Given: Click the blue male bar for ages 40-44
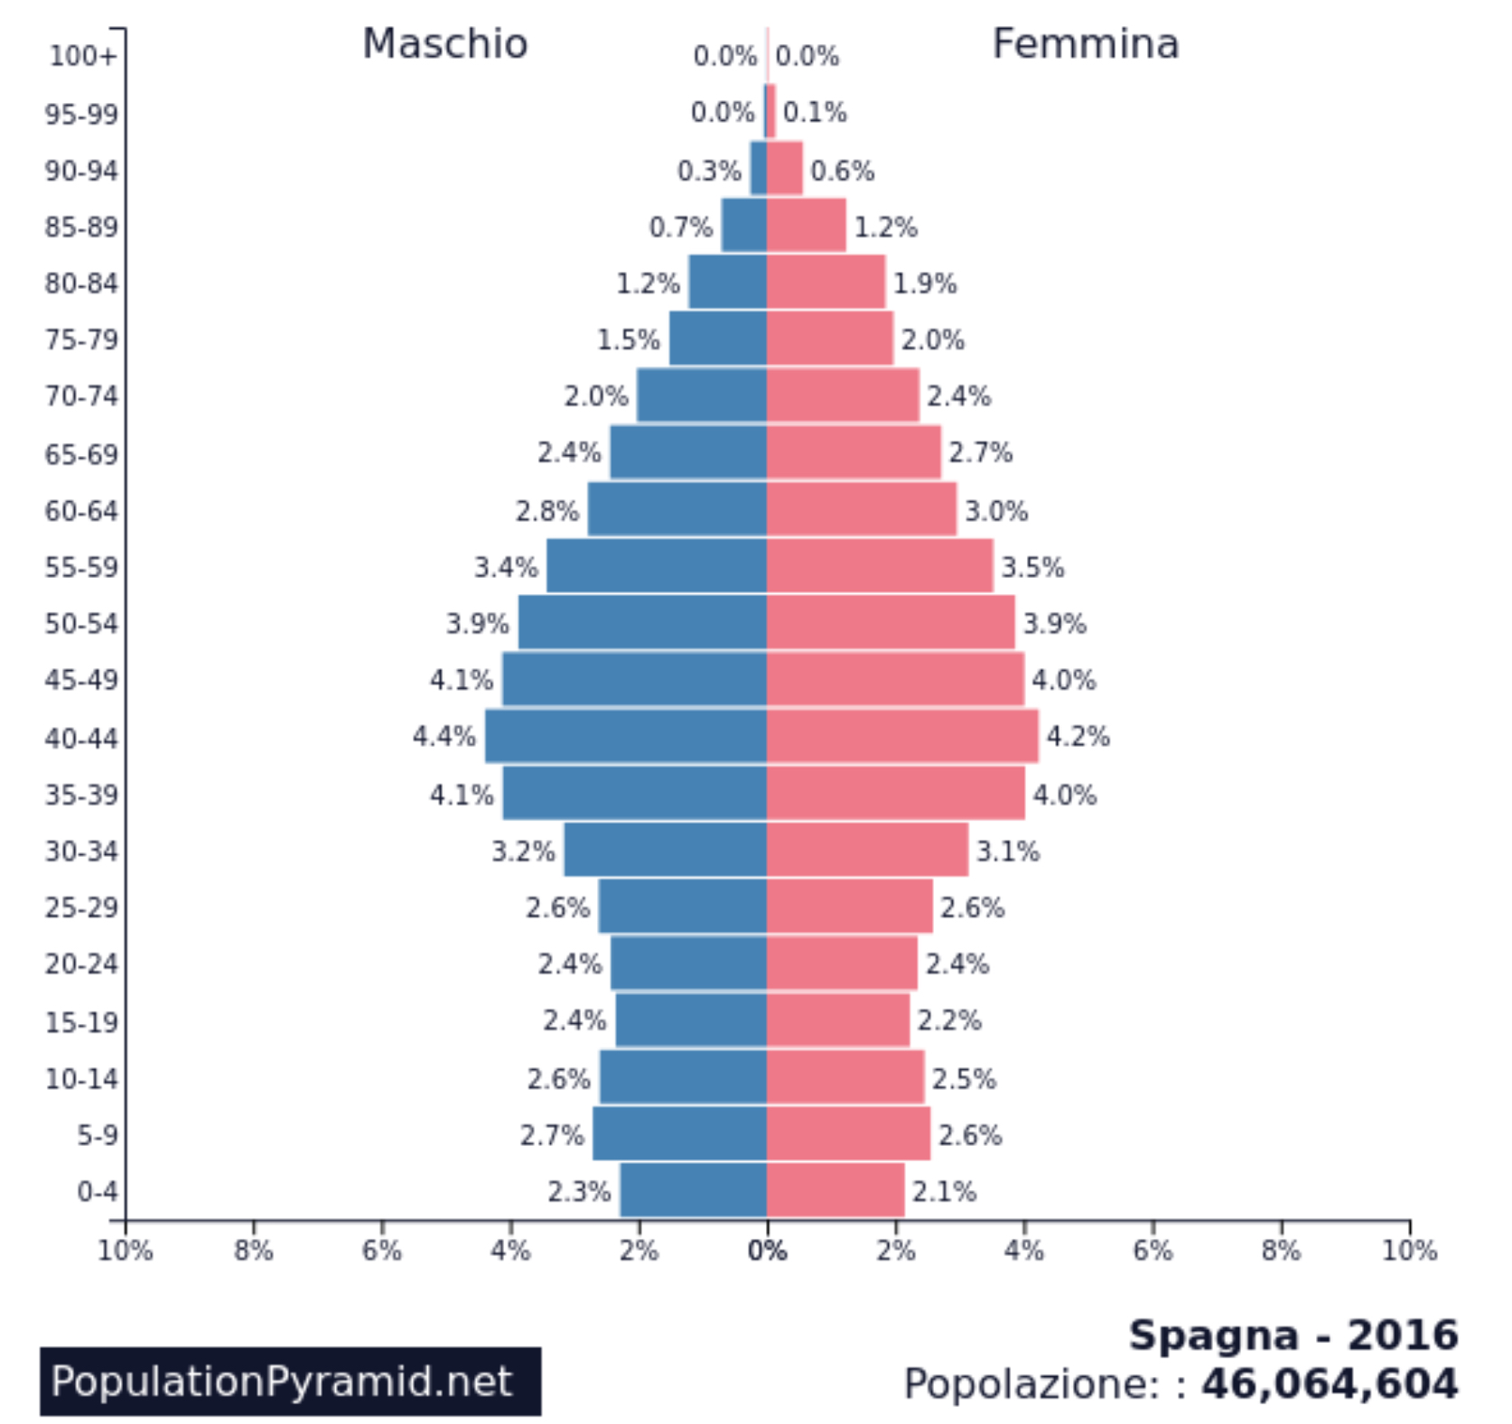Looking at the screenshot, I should pos(626,736).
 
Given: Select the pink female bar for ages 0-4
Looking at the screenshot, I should pos(835,1190).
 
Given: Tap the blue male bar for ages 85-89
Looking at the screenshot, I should pos(744,225).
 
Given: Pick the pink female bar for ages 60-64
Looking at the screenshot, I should pos(861,509).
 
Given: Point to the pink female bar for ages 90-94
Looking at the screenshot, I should pos(785,169).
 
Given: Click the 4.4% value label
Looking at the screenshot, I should pos(443,737).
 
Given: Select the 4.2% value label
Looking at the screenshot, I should pos(1078,737).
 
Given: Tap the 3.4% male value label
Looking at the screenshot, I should pos(506,567).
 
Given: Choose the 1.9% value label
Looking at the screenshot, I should pos(924,284).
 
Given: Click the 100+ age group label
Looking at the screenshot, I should pos(82,56).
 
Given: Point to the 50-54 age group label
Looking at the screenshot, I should pos(81,624).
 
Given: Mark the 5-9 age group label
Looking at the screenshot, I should pos(97,1135).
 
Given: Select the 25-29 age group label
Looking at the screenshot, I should pos(81,907).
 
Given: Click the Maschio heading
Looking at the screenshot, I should pos(444,43).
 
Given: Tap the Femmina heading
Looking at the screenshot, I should pos(1085,43).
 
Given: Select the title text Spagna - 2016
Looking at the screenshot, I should pos(1293,1335).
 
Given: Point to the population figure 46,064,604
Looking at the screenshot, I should pos(1329,1383).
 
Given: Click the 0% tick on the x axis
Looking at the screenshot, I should pos(767,1251).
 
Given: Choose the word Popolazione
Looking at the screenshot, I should pos(1038,1383).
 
